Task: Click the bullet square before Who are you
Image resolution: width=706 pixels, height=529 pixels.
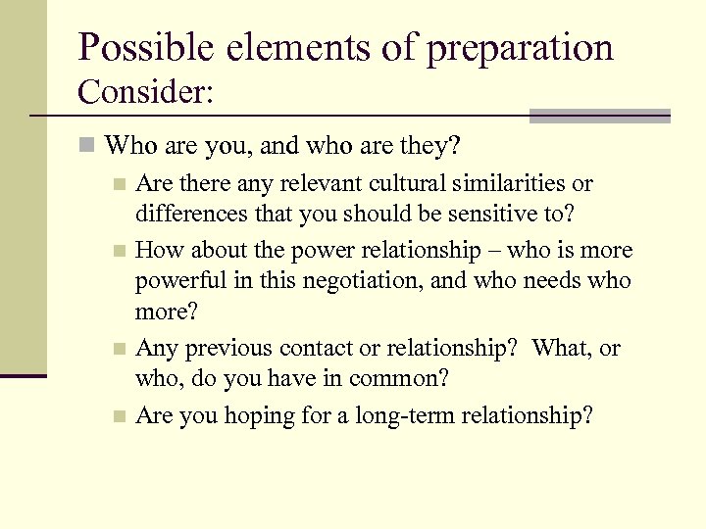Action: coord(88,147)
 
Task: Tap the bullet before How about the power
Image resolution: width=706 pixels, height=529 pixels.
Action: coord(119,251)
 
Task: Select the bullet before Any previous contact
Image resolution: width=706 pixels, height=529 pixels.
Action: coord(119,349)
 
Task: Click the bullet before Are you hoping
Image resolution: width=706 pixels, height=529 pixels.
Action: coord(119,416)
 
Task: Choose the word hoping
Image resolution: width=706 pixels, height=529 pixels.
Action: coord(259,416)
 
